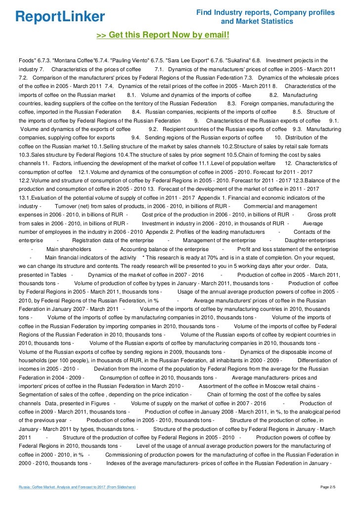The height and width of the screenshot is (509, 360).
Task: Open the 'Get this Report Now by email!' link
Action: click(x=163, y=35)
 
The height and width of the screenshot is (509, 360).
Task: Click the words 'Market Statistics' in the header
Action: click(x=270, y=22)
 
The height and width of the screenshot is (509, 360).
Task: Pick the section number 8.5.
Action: click(x=299, y=112)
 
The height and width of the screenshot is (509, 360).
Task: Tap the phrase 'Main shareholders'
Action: click(x=69, y=249)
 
